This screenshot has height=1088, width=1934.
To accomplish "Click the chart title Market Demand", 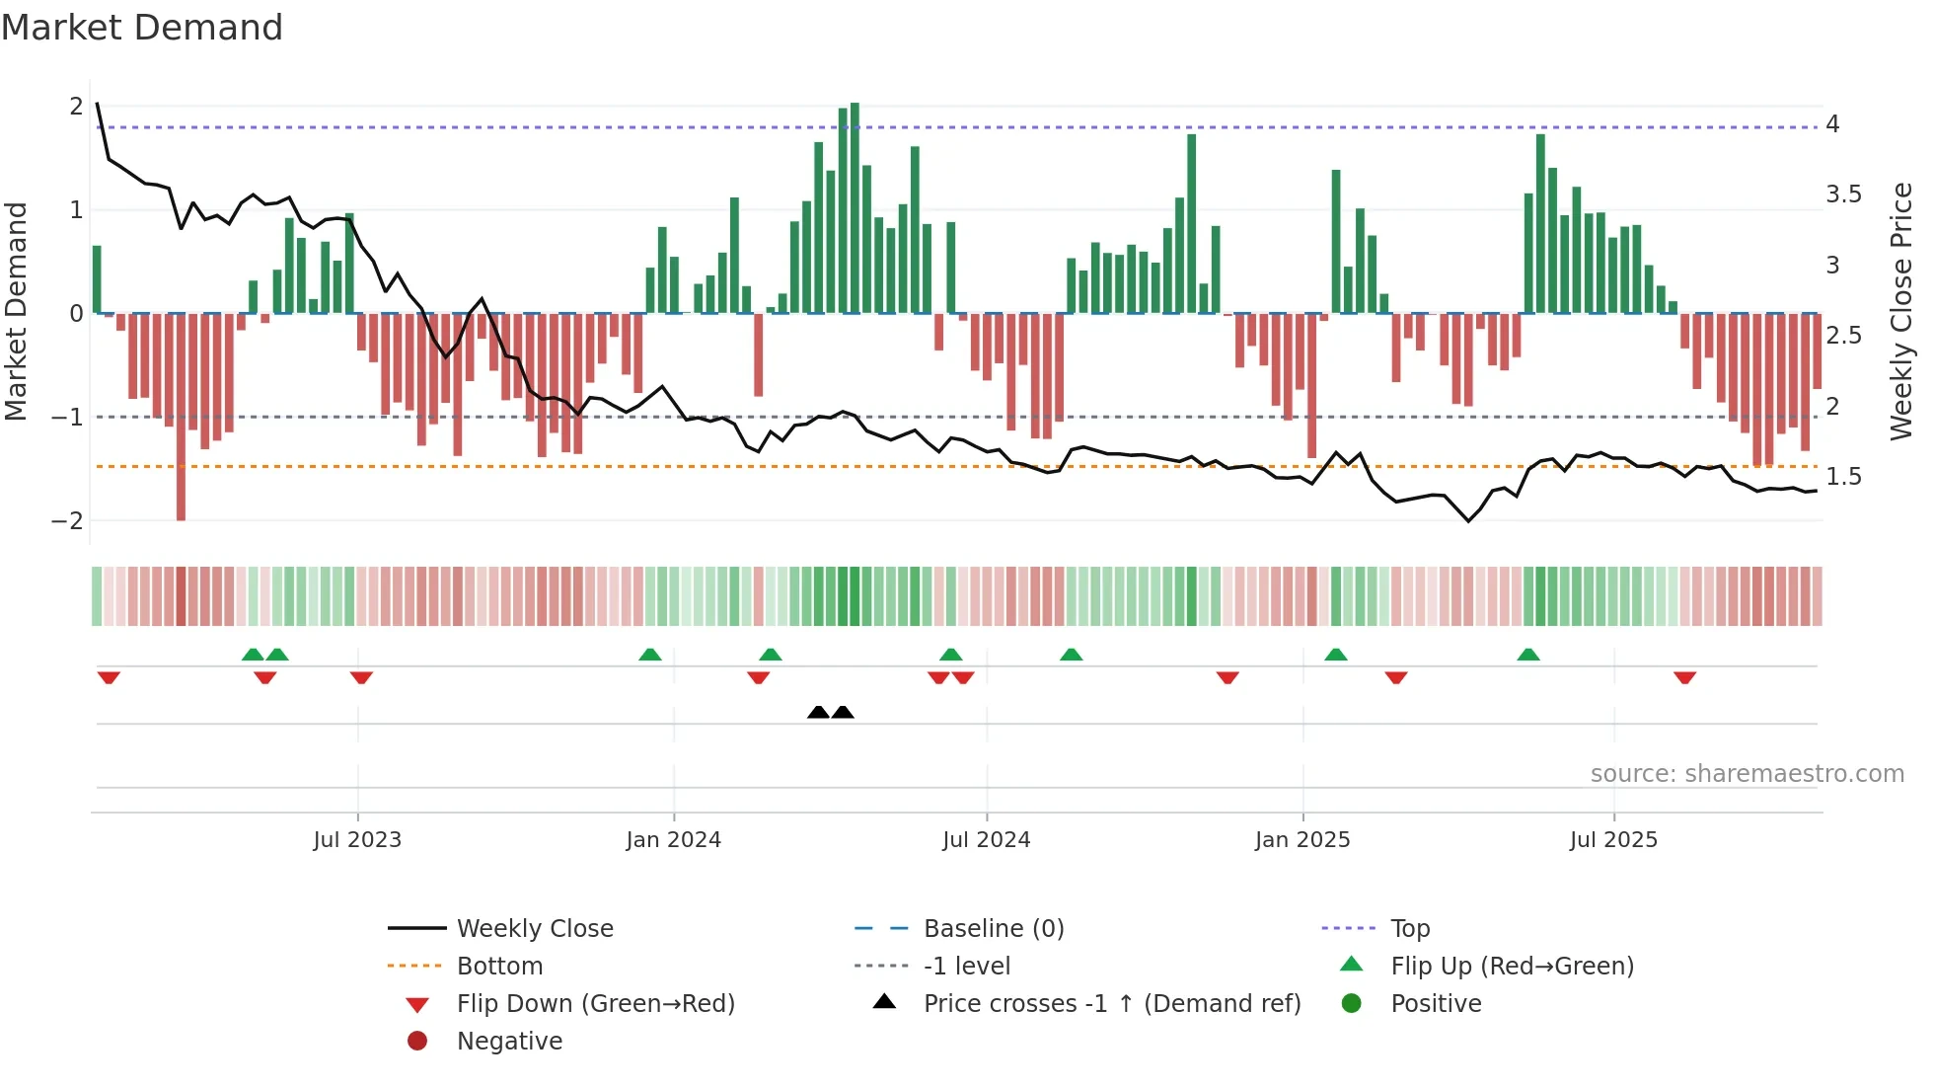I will (x=142, y=28).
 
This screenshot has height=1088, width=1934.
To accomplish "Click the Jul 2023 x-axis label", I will (x=357, y=840).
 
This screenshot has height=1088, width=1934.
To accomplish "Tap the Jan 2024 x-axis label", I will (x=674, y=840).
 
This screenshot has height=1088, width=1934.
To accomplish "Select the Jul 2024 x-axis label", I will (x=987, y=840).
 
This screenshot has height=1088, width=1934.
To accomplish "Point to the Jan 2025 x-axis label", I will (x=1302, y=840).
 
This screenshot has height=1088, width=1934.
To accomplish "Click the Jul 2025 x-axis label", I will (x=1614, y=840).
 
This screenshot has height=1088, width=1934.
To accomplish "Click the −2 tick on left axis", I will (x=68, y=521).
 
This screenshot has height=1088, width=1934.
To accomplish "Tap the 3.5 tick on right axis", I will (x=1843, y=194).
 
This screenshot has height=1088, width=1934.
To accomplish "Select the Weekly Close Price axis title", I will (x=1901, y=311).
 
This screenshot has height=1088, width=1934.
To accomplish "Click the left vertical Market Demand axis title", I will (x=17, y=311).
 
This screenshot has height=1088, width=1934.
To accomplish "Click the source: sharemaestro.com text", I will (x=1747, y=774).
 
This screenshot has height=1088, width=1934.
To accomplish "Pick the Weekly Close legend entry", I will (x=535, y=929).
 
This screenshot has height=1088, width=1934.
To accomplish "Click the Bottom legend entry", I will (x=499, y=967).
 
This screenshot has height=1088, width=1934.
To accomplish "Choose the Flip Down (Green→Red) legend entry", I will (x=595, y=1004).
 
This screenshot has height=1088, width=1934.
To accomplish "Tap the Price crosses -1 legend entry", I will (x=1111, y=1004).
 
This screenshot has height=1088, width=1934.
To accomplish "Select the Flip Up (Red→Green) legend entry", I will (x=1512, y=967).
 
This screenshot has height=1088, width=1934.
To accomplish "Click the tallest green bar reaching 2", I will (x=855, y=207).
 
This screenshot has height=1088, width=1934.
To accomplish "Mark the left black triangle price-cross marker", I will (x=818, y=712).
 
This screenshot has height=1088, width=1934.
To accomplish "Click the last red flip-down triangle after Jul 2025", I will (x=1684, y=678).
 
